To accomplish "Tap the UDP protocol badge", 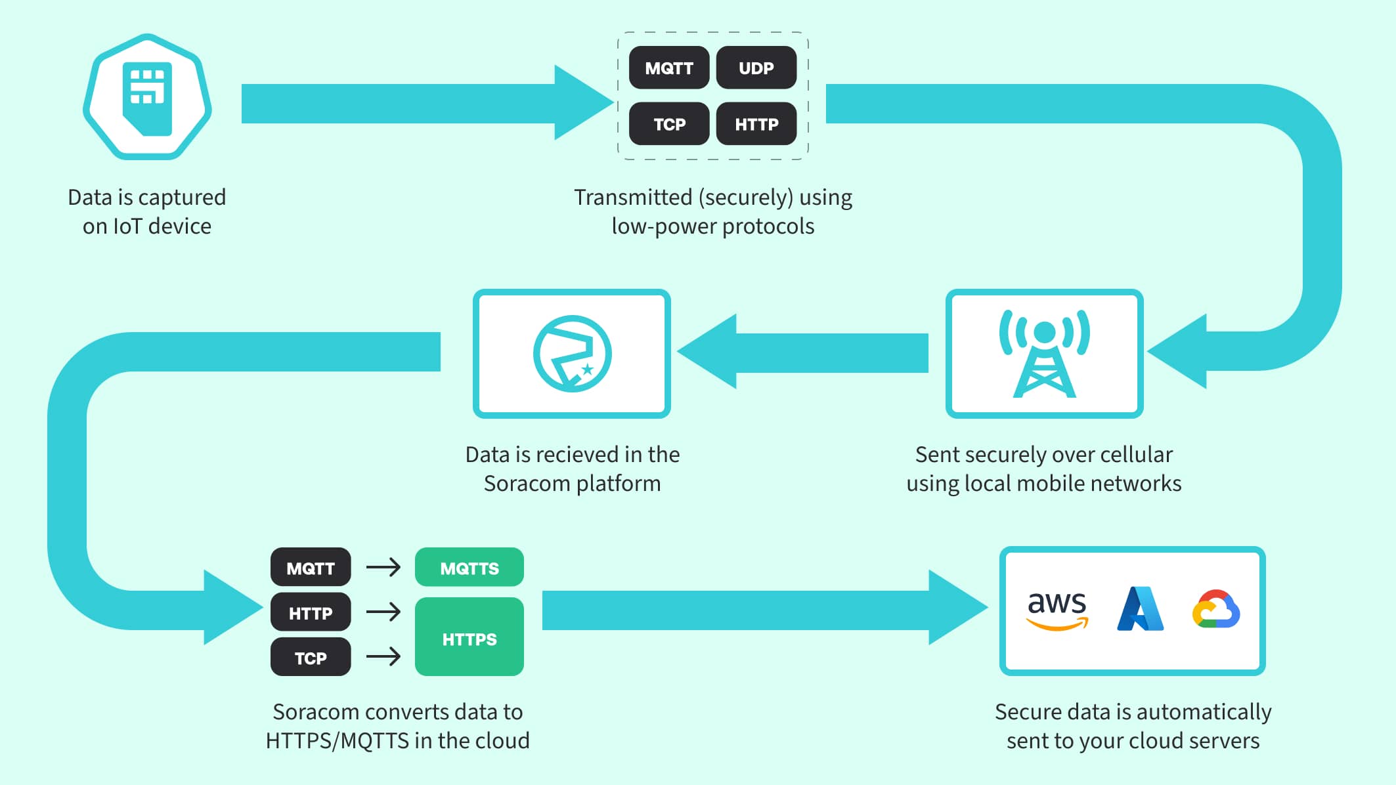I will [756, 68].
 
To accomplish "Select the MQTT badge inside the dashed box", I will [668, 68].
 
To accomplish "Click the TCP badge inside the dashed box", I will [668, 124].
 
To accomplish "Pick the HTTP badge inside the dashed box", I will [756, 124].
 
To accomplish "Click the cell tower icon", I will [1044, 354].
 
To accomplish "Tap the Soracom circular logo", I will [572, 354].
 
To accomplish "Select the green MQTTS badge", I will [469, 568].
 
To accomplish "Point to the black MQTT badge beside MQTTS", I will [310, 568].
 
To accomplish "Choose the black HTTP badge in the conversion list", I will [310, 613].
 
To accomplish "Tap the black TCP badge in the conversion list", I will [310, 658].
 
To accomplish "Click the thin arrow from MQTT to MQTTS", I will [383, 567].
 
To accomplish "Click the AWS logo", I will [1057, 610].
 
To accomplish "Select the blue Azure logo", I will [1140, 610].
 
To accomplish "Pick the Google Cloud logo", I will [1216, 610].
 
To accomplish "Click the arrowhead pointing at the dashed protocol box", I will [582, 103].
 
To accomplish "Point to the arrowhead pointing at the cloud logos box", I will [955, 608].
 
